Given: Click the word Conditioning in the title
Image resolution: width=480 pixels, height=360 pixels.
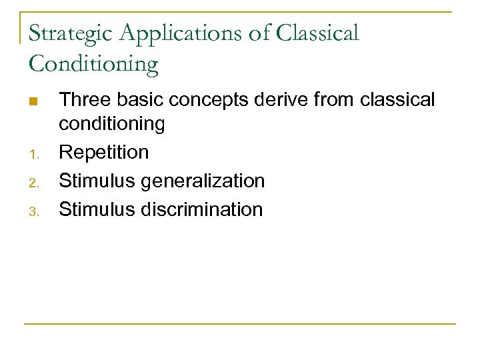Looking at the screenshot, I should pyautogui.click(x=93, y=65).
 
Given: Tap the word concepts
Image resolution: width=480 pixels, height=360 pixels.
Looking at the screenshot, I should pyautogui.click(x=206, y=101).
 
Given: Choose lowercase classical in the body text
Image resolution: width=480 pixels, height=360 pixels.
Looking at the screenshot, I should pyautogui.click(x=397, y=100).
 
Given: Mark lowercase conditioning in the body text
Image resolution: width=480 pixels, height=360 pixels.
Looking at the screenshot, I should pyautogui.click(x=111, y=124).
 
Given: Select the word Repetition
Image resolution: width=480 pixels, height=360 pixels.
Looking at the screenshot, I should pyautogui.click(x=104, y=153).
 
